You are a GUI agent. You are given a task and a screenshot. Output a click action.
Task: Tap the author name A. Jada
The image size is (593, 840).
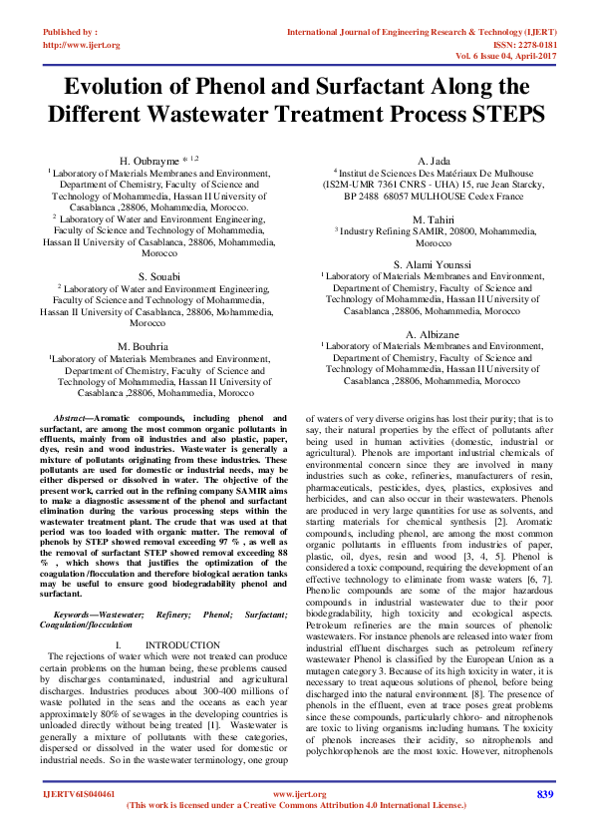pyautogui.click(x=436, y=160)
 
